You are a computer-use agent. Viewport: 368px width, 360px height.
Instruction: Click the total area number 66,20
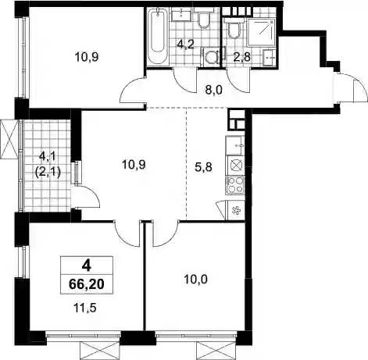point(87,284)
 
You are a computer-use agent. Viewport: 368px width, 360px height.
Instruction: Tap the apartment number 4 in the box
point(86,266)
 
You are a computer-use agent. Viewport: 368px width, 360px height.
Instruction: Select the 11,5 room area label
point(85,308)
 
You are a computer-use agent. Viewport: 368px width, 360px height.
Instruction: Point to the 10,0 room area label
point(195,280)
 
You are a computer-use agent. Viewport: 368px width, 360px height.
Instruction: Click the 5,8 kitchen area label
point(203,167)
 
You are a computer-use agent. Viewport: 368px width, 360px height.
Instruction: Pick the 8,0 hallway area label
point(213,90)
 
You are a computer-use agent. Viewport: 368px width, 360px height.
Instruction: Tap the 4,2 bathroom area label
point(184,45)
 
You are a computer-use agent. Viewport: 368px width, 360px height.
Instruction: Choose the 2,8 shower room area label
point(242,57)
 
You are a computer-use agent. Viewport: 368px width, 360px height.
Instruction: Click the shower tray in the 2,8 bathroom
point(261,32)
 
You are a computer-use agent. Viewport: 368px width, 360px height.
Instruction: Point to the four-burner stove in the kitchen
point(235,185)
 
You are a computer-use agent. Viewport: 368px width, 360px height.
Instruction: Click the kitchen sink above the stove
point(235,145)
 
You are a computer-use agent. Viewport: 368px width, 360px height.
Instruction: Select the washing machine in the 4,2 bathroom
point(211,57)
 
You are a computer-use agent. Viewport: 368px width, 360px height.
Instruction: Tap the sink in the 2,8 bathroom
point(269,57)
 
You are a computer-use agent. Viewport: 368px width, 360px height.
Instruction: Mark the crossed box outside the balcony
point(9,139)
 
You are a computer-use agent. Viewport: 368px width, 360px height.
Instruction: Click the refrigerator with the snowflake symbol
point(236,211)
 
